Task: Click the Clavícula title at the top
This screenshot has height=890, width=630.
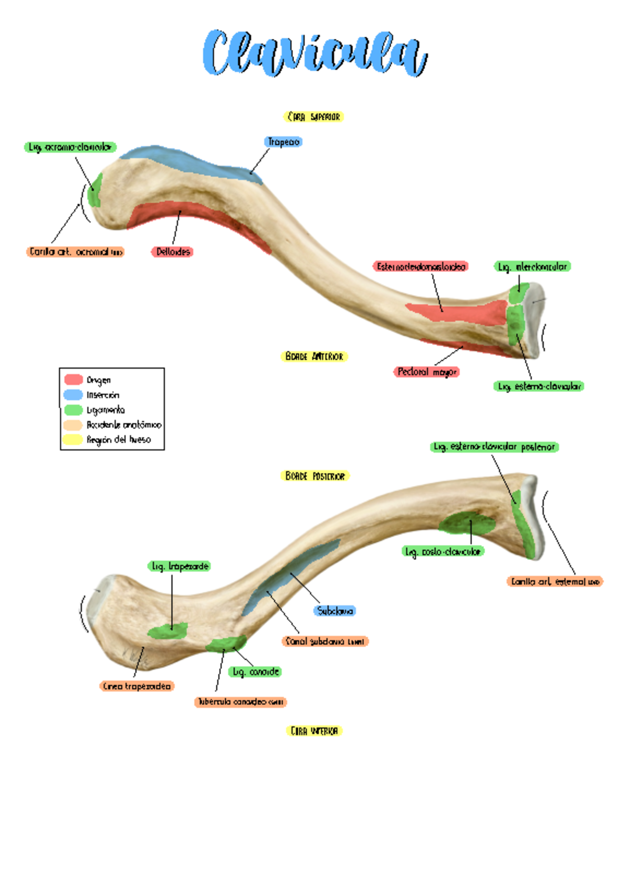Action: click(315, 54)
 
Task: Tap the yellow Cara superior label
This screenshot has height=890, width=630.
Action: click(314, 117)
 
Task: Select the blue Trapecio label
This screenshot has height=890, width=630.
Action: click(283, 142)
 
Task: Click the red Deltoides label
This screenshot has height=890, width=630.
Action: click(173, 252)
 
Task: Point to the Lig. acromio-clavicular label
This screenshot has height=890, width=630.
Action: click(70, 147)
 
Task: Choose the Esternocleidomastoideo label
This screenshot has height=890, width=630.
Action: click(421, 266)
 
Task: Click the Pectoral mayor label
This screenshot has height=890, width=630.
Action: click(427, 372)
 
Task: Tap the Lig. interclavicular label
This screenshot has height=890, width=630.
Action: click(532, 267)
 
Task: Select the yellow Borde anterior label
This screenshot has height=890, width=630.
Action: click(314, 357)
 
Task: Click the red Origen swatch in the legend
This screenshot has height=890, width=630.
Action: click(73, 379)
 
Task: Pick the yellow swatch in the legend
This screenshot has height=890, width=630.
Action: click(73, 439)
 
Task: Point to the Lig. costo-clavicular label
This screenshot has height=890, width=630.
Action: click(443, 552)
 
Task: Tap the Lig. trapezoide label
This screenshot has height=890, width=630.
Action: click(180, 566)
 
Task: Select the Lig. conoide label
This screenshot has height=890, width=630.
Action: click(256, 672)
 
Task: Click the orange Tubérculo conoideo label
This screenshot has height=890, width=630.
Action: click(240, 702)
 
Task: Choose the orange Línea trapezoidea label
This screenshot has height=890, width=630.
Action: click(137, 686)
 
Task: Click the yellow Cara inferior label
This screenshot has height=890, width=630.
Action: click(314, 731)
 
